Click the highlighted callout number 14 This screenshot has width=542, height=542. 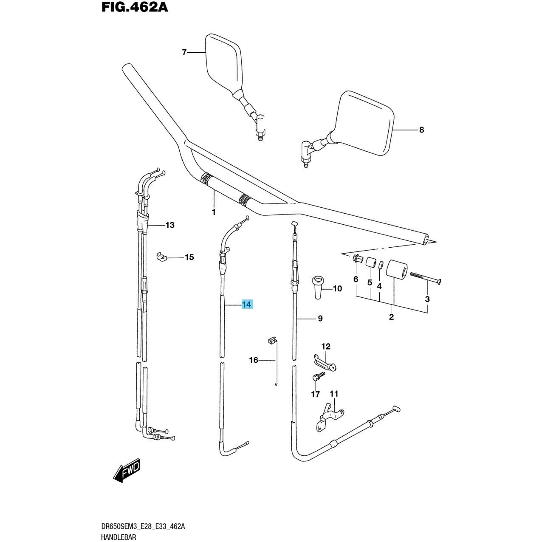point(247,305)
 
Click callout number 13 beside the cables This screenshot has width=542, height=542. point(169,225)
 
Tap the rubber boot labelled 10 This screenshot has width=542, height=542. point(317,286)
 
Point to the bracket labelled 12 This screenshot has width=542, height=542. point(325,361)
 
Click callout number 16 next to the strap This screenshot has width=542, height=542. point(254,360)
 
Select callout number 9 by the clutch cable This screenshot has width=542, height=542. point(320,318)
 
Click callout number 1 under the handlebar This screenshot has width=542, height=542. point(214,212)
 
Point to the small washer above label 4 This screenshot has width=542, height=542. point(381,265)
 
